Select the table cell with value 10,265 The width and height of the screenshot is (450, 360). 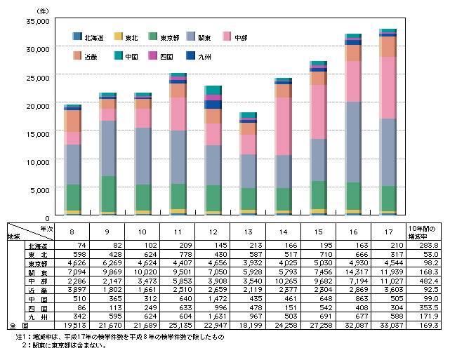click(282, 280)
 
